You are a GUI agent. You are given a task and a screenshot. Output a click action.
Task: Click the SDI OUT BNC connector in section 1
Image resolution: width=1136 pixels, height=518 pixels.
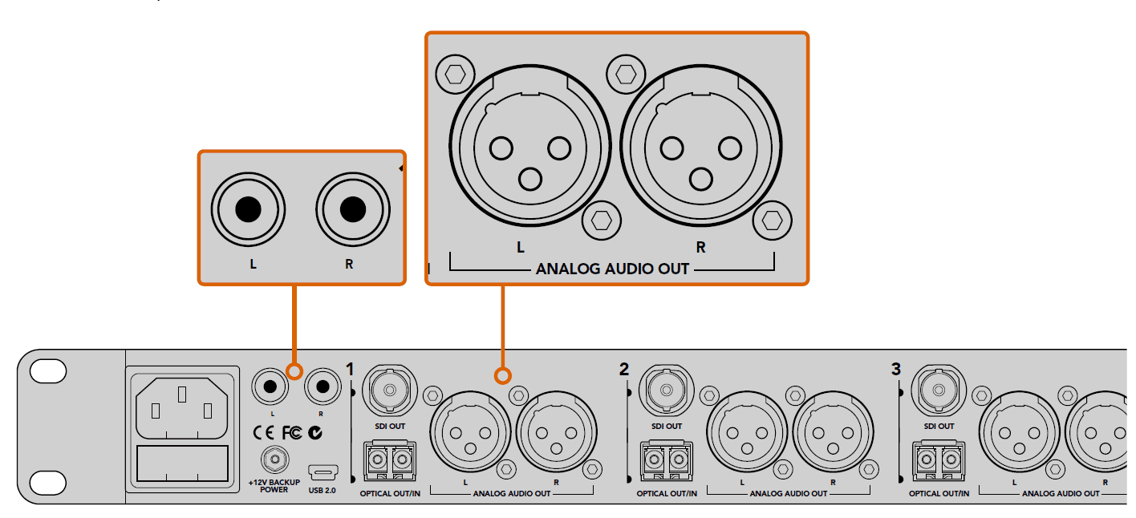click(x=390, y=391)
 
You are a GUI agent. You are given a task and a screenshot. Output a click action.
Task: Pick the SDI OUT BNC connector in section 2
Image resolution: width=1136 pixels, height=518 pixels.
click(x=666, y=391)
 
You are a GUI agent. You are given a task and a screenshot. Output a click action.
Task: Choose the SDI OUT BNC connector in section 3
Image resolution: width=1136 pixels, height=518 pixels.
click(x=939, y=391)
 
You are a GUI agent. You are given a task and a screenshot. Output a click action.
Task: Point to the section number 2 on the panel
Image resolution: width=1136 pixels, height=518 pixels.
click(x=624, y=370)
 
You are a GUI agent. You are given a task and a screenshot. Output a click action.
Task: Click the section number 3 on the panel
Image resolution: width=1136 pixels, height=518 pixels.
click(x=896, y=370)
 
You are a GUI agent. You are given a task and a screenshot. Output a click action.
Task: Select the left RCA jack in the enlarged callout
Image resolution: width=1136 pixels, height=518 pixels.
click(x=248, y=211)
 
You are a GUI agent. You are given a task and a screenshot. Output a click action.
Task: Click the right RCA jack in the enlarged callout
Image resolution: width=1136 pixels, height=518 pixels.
click(x=351, y=211)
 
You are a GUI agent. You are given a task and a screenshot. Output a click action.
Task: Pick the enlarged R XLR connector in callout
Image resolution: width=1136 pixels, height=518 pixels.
click(x=700, y=149)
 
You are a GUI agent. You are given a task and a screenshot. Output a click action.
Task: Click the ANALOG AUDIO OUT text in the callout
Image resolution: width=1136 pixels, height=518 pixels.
click(x=612, y=269)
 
